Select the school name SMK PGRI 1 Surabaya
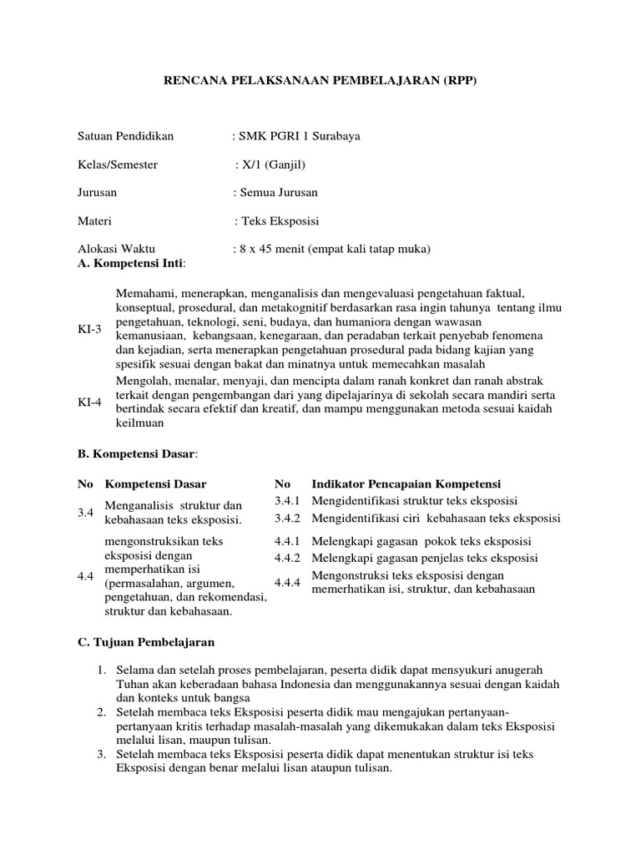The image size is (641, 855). [299, 136]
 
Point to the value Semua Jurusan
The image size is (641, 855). [278, 193]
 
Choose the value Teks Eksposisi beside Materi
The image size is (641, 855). [280, 221]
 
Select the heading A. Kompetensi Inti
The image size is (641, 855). [132, 264]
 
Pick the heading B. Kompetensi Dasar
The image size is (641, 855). [137, 453]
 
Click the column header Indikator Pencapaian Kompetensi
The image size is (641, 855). [406, 484]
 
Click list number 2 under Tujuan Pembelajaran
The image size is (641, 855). [99, 712]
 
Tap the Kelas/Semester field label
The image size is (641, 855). [118, 164]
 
